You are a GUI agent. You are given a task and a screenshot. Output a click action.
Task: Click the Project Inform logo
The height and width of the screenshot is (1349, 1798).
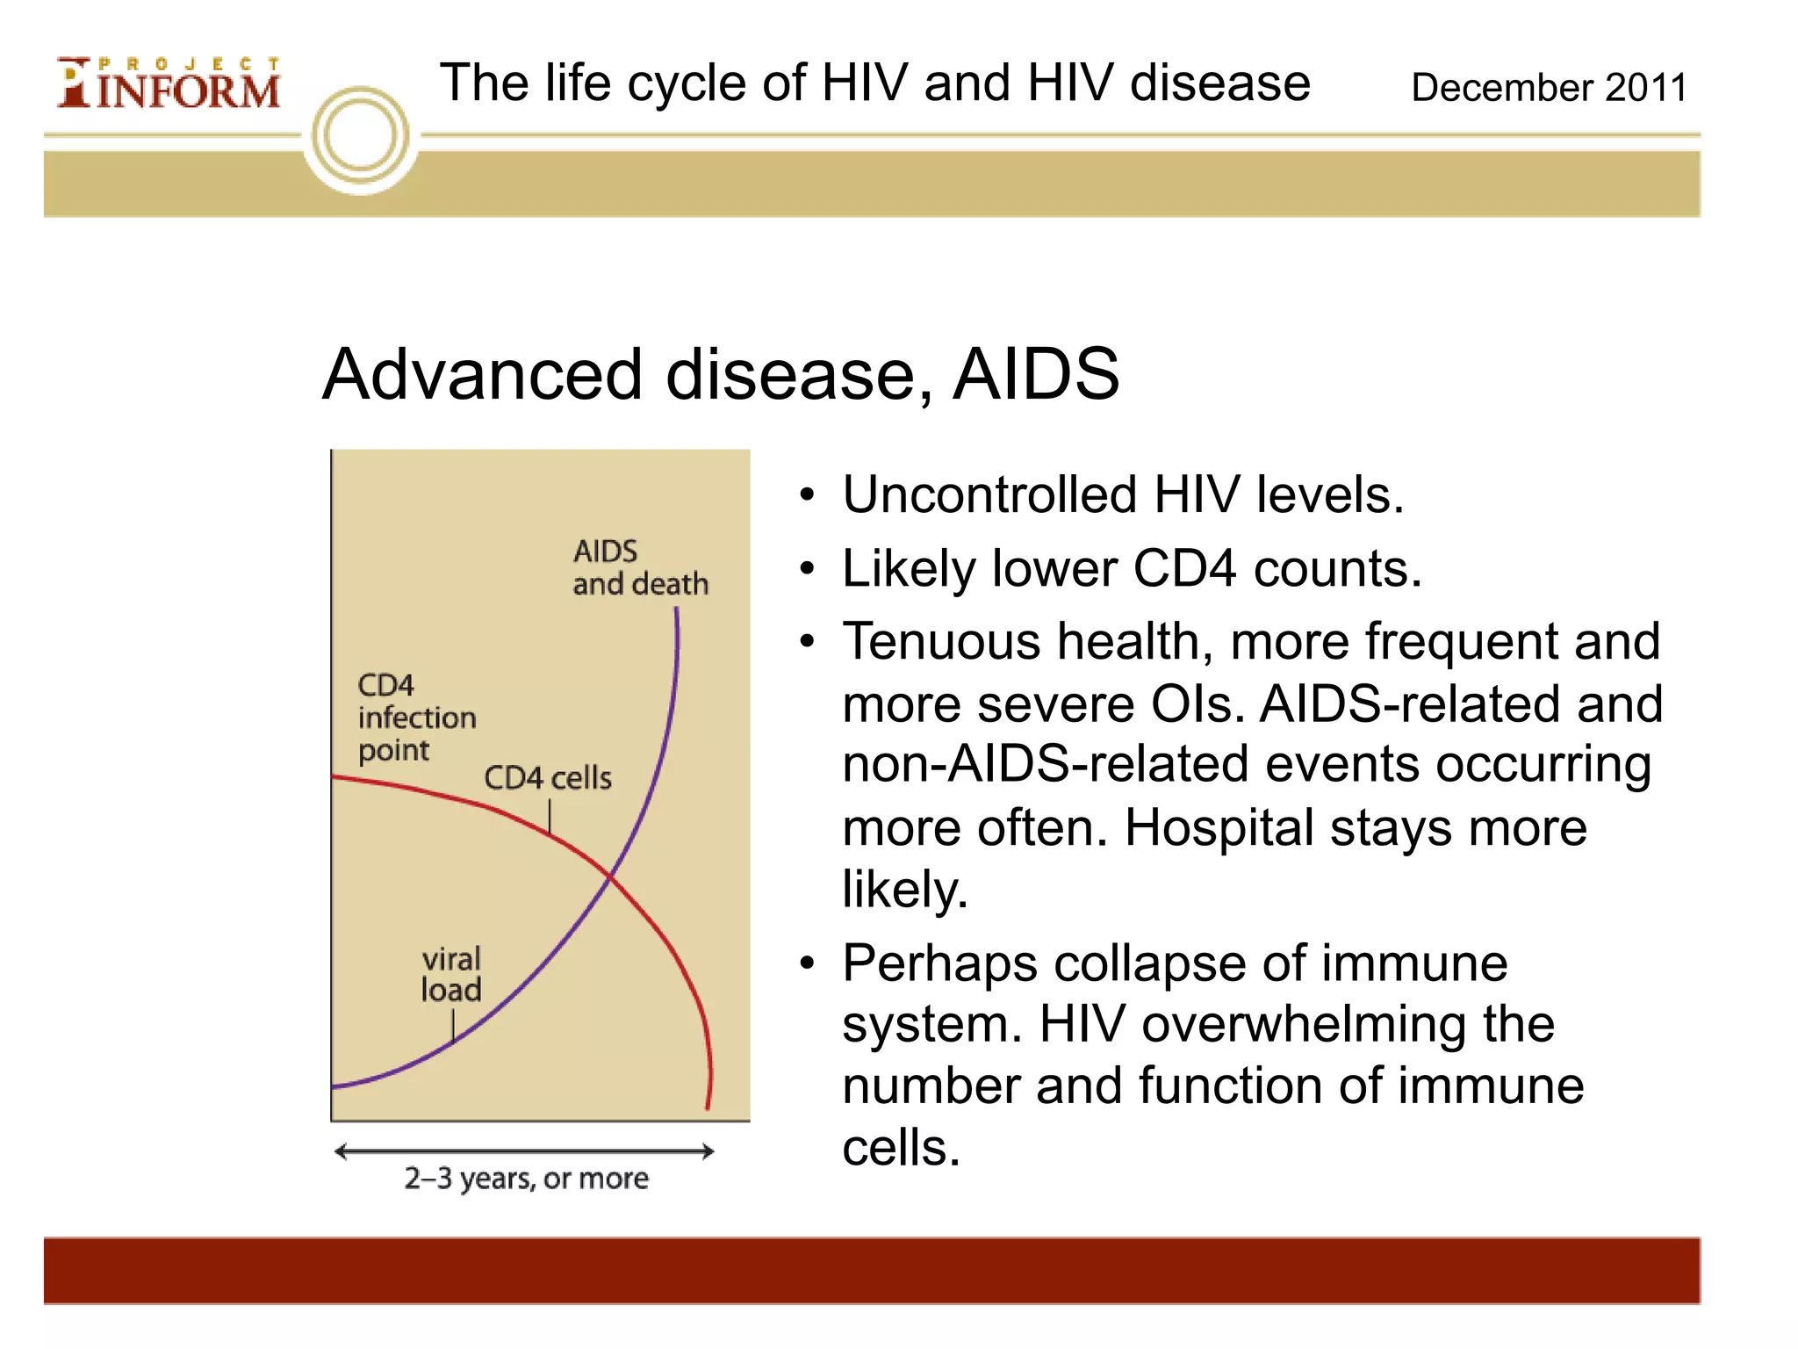click(x=169, y=84)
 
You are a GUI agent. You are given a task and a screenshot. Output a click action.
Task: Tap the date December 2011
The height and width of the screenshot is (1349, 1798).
click(x=1548, y=88)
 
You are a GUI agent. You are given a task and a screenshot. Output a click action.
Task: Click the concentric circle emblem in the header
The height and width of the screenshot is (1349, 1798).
click(x=361, y=137)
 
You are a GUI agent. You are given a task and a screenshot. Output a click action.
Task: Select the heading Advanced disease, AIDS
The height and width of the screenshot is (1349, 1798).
click(x=720, y=375)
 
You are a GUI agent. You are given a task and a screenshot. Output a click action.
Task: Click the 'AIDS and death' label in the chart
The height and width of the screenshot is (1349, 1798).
click(x=639, y=568)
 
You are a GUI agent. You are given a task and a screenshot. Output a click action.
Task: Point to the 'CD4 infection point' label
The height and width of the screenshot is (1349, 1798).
click(x=416, y=718)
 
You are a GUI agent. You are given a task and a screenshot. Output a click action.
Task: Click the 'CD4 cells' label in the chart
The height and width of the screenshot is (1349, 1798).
click(x=548, y=778)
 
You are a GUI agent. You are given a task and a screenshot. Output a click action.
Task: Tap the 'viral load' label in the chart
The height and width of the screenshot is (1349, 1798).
click(x=451, y=974)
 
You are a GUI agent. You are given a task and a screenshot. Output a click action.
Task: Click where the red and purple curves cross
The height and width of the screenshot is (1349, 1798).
click(x=611, y=876)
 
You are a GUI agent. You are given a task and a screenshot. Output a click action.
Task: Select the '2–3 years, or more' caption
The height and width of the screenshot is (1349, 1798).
click(x=526, y=1178)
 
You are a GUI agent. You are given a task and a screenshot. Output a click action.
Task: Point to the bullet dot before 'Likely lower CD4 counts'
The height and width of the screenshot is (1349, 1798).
click(x=808, y=569)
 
